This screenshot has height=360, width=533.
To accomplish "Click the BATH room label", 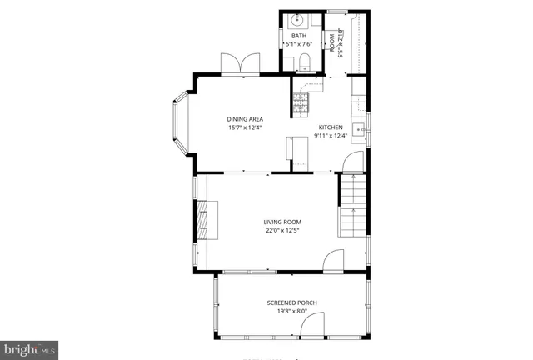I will click(299, 36).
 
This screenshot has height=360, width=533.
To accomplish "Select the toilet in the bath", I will click(305, 60).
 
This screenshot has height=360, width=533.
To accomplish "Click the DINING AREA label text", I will click(246, 119).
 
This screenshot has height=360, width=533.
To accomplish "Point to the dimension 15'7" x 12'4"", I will click(246, 128).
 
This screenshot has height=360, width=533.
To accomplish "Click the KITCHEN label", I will click(329, 127).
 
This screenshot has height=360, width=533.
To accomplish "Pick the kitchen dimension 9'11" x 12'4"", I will click(329, 136).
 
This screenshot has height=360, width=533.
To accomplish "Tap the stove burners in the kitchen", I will click(301, 103).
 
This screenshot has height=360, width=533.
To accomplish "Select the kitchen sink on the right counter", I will click(358, 129).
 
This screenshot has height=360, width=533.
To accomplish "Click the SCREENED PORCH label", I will click(291, 302).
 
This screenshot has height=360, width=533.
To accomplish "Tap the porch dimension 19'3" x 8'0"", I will click(291, 312).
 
